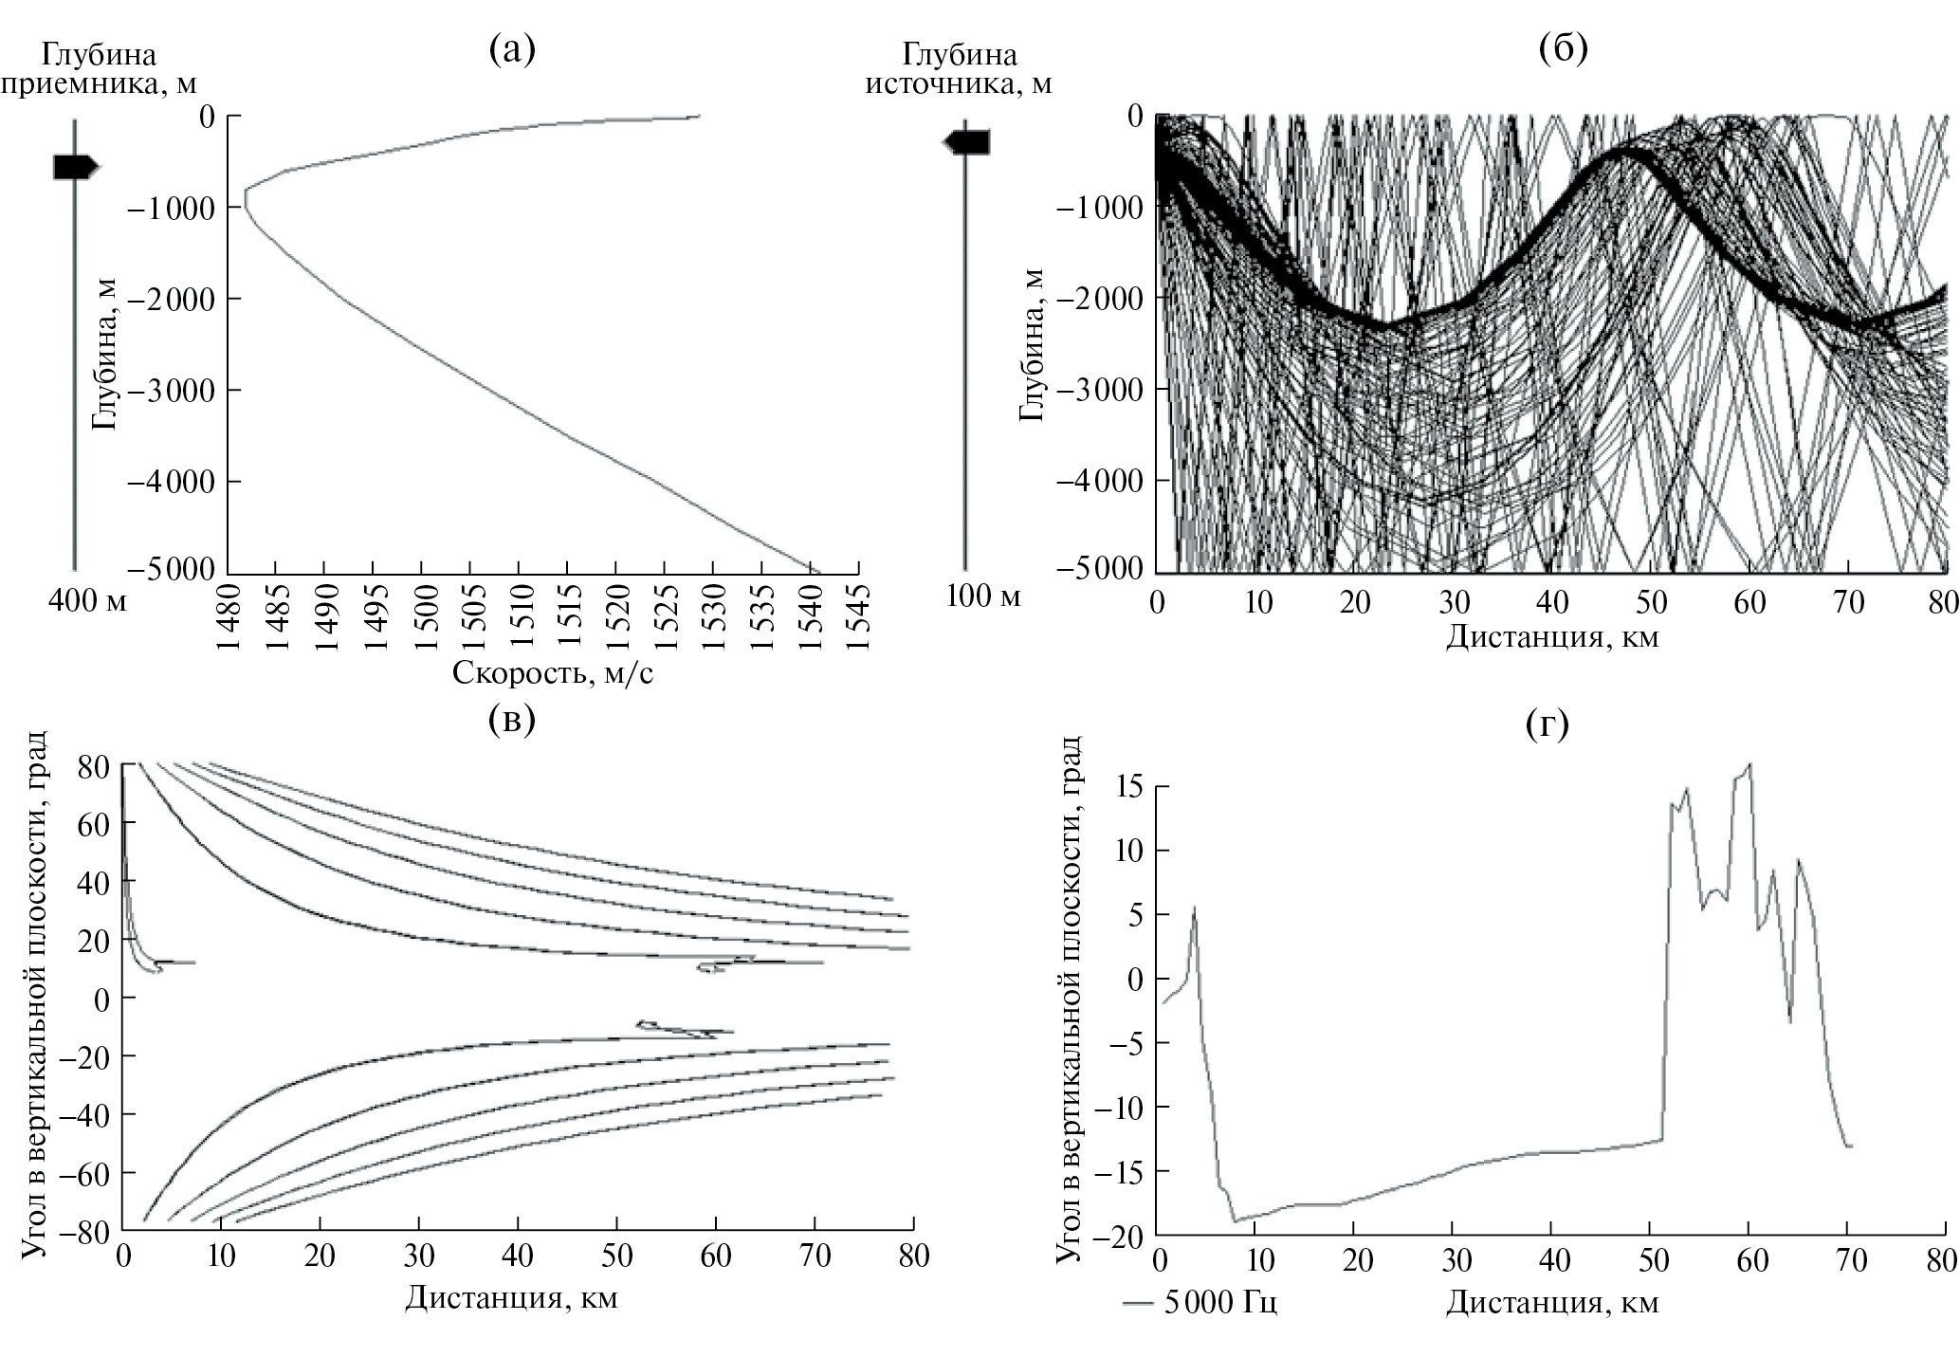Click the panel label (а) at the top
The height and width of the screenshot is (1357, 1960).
tap(511, 48)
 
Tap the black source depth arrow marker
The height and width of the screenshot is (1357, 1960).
tap(966, 142)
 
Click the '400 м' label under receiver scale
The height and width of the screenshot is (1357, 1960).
tap(86, 601)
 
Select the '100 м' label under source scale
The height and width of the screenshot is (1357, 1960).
tap(983, 597)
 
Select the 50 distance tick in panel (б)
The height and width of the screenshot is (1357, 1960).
tap(1651, 601)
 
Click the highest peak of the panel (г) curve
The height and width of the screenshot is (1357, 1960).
tap(1749, 763)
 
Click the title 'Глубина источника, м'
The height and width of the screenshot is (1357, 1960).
tap(959, 68)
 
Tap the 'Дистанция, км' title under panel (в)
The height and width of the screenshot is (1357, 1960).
tap(511, 1296)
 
